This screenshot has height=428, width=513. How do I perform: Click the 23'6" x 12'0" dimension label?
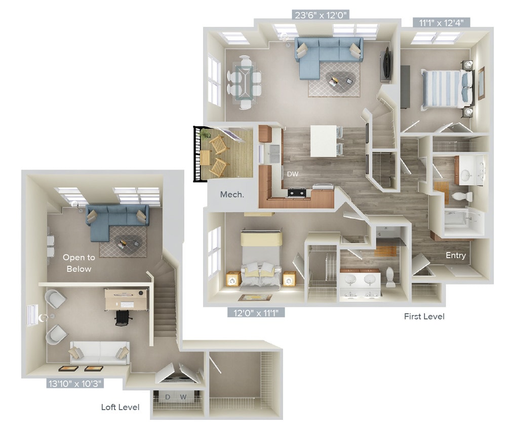[x=321, y=15]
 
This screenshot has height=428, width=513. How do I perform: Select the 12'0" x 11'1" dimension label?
[x=256, y=313]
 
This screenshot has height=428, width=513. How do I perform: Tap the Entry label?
[x=455, y=256]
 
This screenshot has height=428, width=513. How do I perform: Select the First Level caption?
[x=424, y=316]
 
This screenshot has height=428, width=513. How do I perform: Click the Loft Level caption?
[x=120, y=407]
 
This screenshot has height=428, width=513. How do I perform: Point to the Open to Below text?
[x=78, y=263]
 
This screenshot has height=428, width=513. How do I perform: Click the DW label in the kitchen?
[x=293, y=173]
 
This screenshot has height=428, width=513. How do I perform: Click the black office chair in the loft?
[x=123, y=318]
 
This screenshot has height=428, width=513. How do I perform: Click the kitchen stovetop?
[x=296, y=192]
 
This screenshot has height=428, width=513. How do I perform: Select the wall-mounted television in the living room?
[x=387, y=63]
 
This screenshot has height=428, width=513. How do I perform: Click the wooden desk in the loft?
[x=126, y=299]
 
